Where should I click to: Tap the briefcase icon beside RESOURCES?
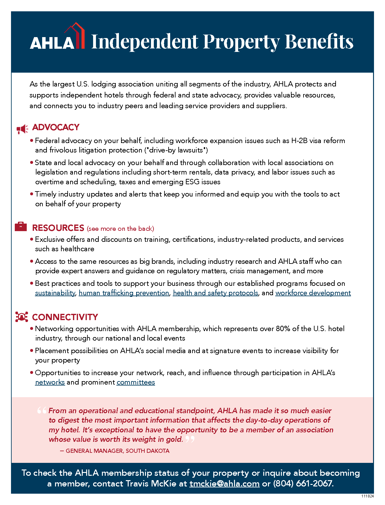tap(21, 226)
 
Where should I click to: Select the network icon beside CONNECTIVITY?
tap(21, 317)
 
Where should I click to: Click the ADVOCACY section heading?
tap(56, 127)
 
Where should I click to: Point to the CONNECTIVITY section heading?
tap(65, 317)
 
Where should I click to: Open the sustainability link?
tap(55, 293)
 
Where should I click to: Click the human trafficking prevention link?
tap(124, 293)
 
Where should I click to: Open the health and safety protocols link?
tap(215, 293)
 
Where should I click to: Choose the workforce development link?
tap(313, 293)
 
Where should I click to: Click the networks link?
tap(50, 382)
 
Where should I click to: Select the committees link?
tap(136, 382)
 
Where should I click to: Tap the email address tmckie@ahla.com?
tap(224, 484)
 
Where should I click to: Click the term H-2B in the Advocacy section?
tap(299, 141)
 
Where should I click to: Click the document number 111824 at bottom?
tap(367, 496)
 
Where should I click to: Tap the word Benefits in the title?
tap(319, 42)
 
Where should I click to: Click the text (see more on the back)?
tap(120, 229)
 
